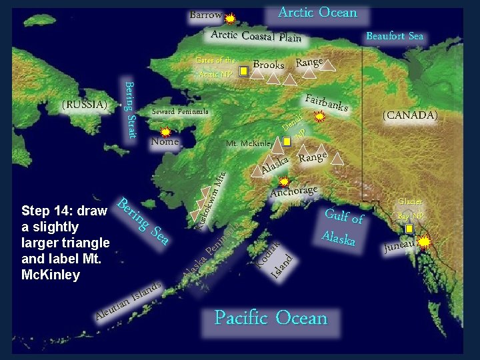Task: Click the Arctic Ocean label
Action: coord(317,13)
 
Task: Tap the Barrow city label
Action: coord(205,15)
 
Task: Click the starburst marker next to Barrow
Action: coord(230,19)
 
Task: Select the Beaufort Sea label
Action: coord(395,36)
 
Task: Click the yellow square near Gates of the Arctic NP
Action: coord(244,69)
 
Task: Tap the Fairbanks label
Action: coord(327,103)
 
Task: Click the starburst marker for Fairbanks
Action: coord(319,117)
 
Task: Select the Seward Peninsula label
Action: coord(180,111)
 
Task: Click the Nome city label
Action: coord(165,141)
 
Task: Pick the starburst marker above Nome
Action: coord(165,132)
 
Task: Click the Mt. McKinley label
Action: coord(249,143)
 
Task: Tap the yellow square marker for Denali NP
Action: coord(287,141)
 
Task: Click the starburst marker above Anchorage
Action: coord(284,181)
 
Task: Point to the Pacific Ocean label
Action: coord(271,318)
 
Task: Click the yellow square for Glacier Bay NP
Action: coord(409,229)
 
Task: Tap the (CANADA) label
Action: coord(409,115)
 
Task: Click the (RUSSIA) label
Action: coord(84,105)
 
